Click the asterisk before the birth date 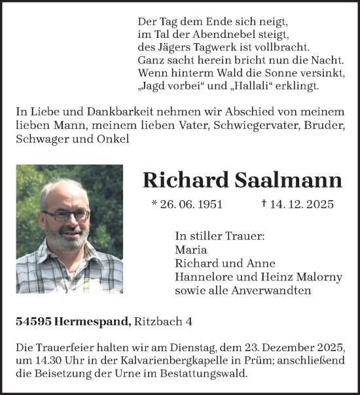(x=154, y=204)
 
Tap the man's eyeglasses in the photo (x=65, y=215)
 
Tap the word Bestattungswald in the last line (x=210, y=375)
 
